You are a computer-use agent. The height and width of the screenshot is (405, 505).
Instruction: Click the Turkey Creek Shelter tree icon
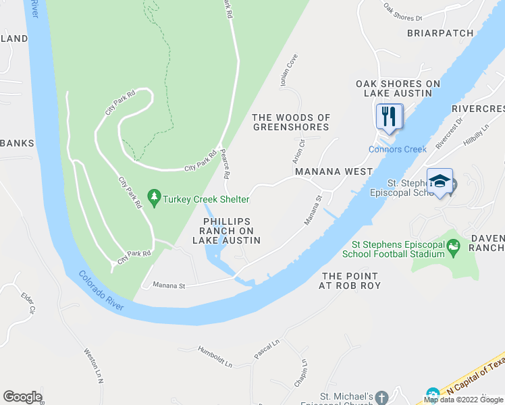point(155,198)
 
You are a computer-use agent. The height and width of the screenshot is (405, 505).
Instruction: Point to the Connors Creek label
point(397,149)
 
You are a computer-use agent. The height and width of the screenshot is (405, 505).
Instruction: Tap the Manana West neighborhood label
point(334,171)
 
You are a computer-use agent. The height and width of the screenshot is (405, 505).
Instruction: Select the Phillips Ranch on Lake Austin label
point(227,231)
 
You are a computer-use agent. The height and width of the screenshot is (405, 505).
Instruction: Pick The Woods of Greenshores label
point(291,122)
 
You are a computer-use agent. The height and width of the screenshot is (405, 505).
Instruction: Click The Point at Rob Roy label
point(351,281)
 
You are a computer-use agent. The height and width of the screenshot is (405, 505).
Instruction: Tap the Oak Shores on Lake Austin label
point(398,88)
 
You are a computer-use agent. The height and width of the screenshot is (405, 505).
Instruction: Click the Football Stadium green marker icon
point(453,248)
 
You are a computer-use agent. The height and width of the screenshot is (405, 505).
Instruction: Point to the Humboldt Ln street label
point(215,356)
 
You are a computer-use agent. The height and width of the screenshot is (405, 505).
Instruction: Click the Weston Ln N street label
point(92,365)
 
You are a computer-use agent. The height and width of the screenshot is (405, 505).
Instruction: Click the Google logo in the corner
point(22,397)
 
